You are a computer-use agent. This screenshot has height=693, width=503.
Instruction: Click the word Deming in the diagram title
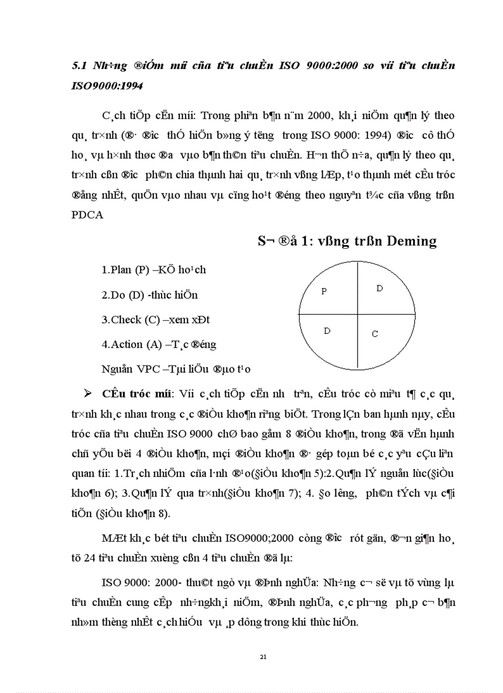point(411,241)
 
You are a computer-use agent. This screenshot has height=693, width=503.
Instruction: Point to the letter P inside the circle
point(324,291)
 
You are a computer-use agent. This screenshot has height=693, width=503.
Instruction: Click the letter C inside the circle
point(375,334)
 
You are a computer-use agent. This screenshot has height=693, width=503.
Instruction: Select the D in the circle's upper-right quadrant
point(380,288)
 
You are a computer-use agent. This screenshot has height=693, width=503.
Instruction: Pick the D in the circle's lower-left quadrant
point(327,331)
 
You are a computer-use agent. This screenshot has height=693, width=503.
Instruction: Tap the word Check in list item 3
point(126,320)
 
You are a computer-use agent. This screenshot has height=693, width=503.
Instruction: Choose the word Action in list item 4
point(126,344)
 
